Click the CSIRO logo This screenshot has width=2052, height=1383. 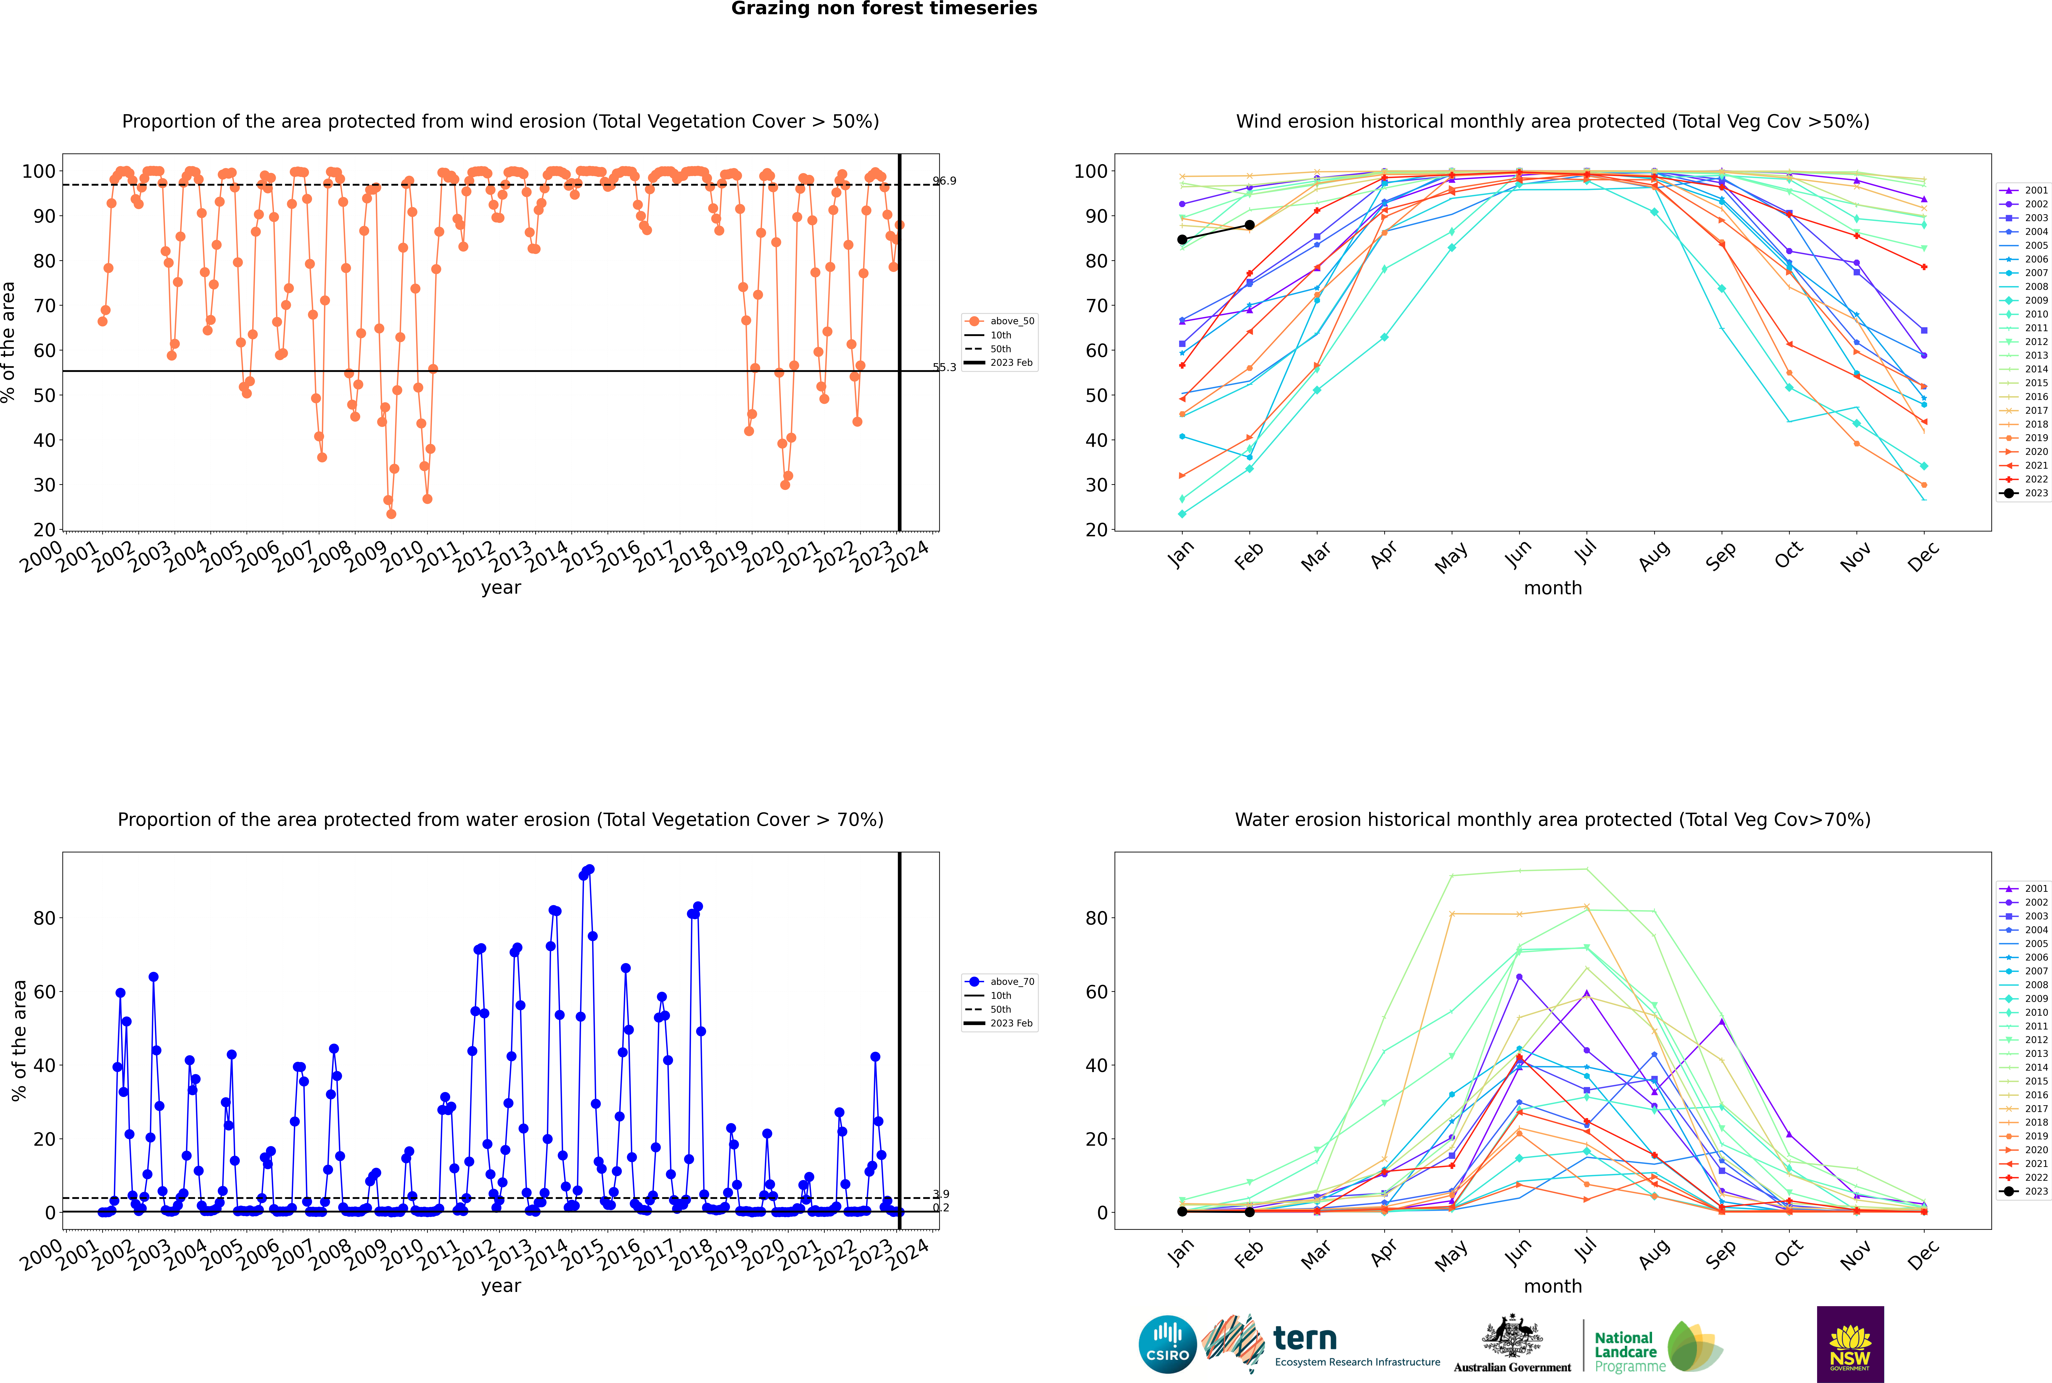[x=1167, y=1344]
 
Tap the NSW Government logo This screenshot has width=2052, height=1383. [x=1850, y=1344]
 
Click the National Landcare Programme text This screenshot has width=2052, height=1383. [x=1629, y=1352]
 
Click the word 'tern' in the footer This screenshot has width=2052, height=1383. [x=1305, y=1338]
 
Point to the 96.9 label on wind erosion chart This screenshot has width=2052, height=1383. [x=944, y=181]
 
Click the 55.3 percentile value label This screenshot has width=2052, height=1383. [x=944, y=367]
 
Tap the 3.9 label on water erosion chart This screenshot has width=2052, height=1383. [x=941, y=1194]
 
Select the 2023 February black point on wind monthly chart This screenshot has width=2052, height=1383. [x=1249, y=225]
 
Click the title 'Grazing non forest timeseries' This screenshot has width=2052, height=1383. [x=884, y=9]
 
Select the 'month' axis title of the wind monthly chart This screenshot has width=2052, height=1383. [x=1553, y=588]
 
